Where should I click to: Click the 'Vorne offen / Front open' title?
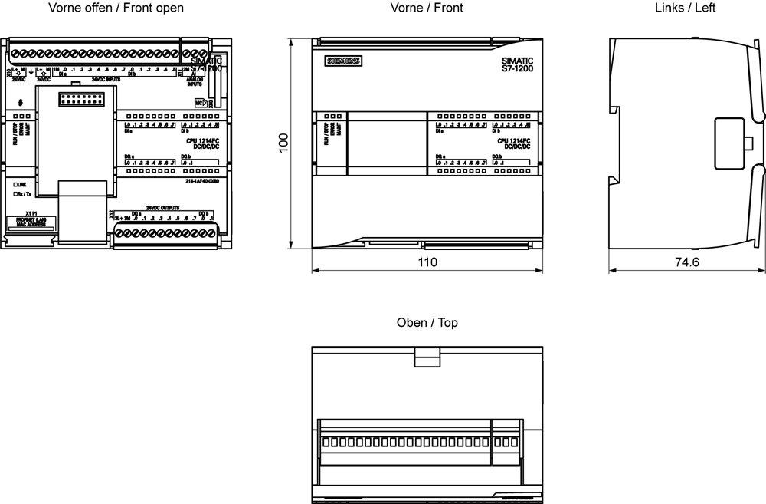(116, 8)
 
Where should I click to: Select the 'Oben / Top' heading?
(427, 323)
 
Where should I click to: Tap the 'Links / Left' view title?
(685, 8)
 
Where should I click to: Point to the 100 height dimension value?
(283, 143)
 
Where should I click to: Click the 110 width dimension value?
(427, 262)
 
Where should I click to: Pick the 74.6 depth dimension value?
(686, 262)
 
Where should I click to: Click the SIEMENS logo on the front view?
(343, 61)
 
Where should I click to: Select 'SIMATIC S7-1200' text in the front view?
(517, 64)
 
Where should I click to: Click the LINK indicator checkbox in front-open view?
(15, 185)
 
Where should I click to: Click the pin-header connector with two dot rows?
(83, 100)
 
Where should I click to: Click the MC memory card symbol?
(199, 102)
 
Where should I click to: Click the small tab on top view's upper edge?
(426, 357)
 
